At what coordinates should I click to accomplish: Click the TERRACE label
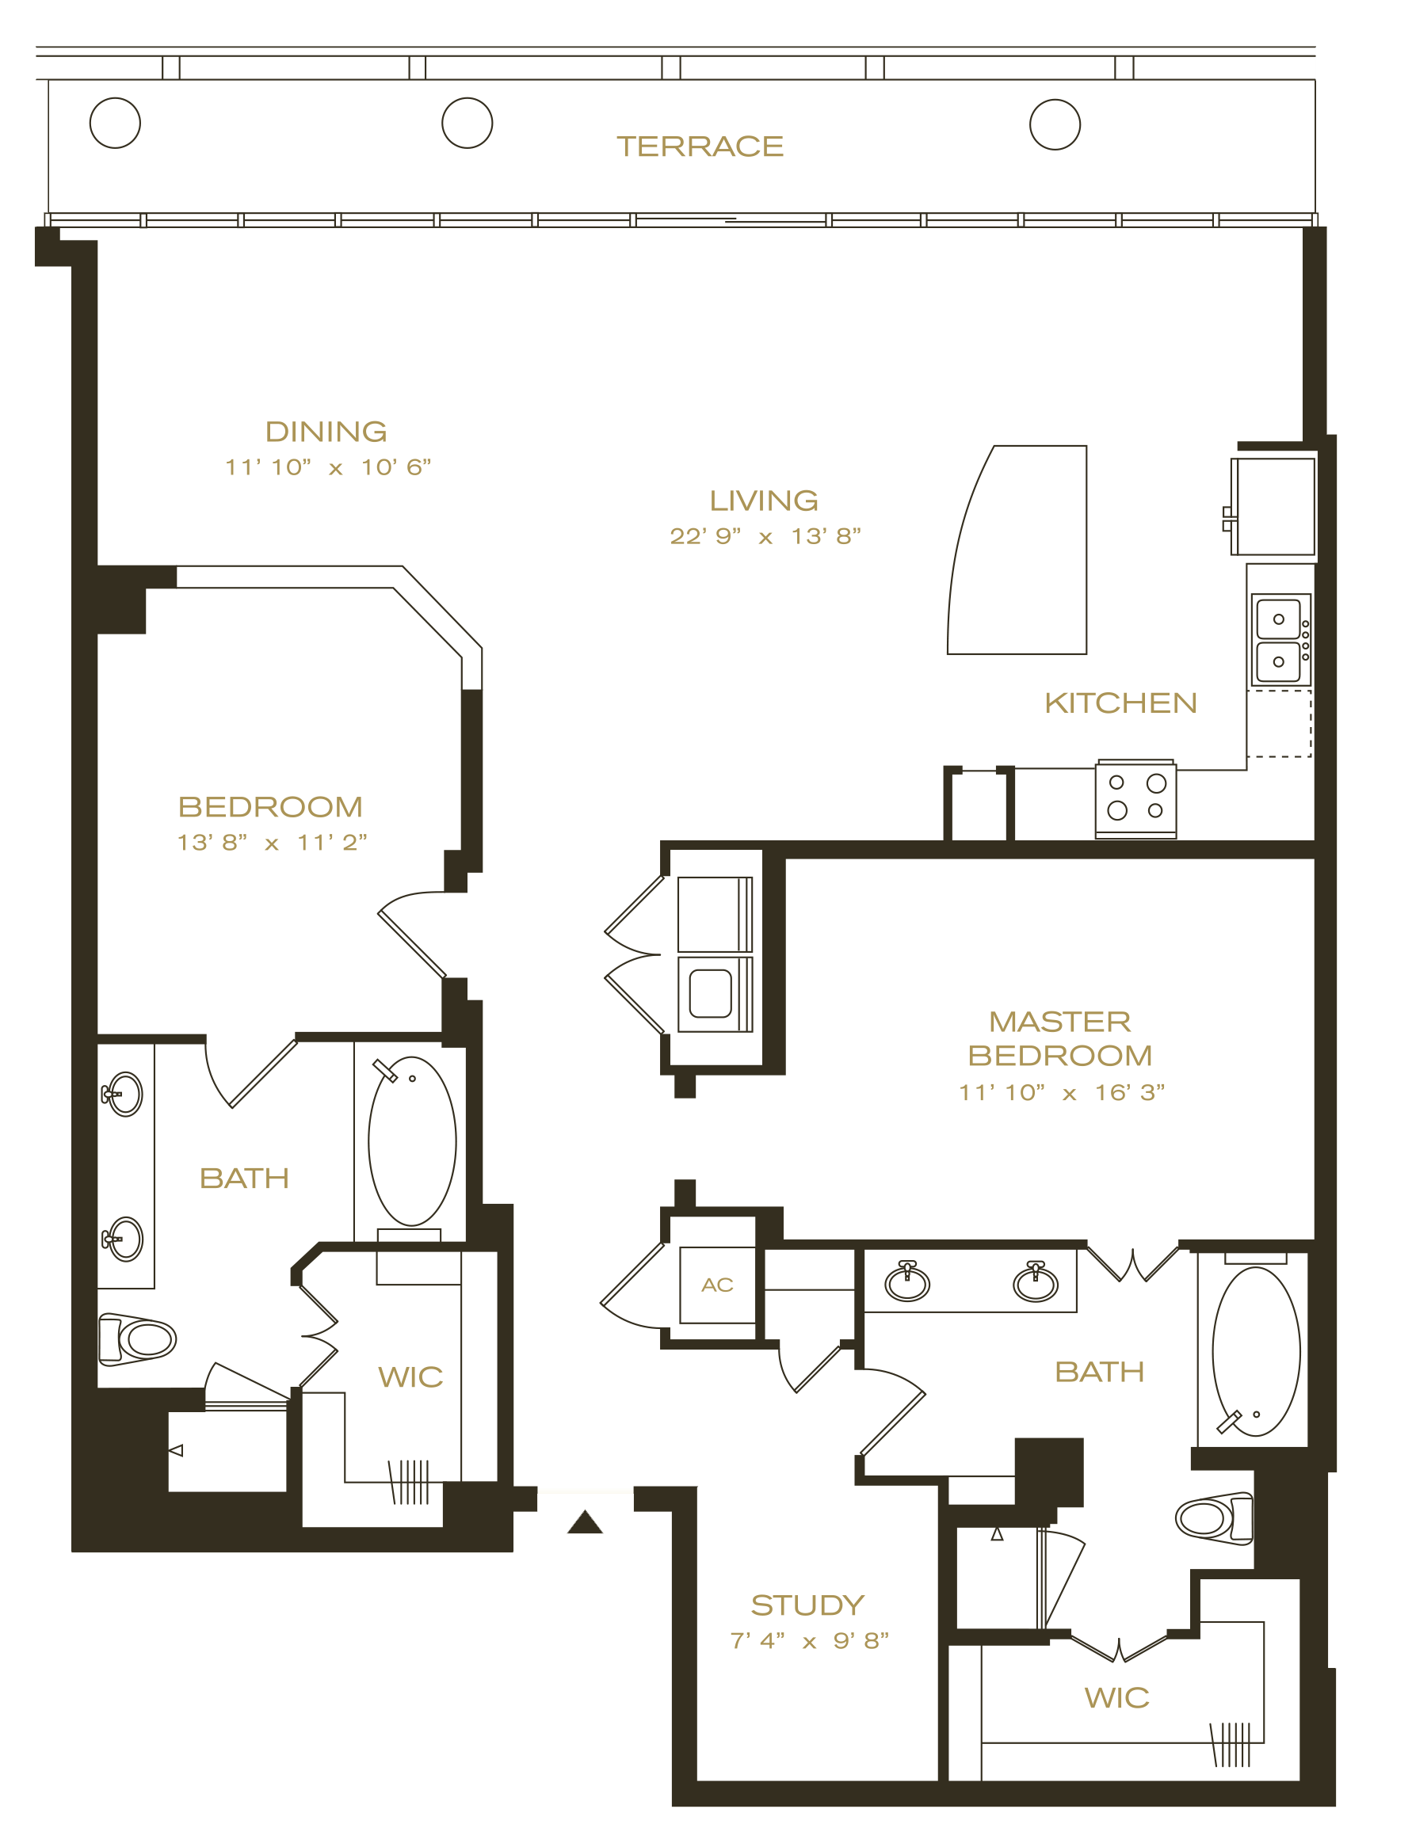(700, 147)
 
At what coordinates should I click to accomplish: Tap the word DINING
(326, 432)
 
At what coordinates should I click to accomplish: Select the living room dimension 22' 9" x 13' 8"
(765, 536)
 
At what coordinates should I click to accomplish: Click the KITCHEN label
(1120, 703)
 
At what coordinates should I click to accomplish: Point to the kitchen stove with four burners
(1135, 799)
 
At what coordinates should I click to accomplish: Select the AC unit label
(717, 1285)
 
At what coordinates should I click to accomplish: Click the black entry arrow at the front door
(585, 1522)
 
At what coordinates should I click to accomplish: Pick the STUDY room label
(807, 1605)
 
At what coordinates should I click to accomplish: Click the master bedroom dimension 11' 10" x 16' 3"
(1062, 1092)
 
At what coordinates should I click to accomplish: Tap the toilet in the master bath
(1214, 1519)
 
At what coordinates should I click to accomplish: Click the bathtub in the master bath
(1256, 1353)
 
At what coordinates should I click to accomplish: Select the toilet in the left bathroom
(137, 1339)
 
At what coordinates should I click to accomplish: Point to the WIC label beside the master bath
(1116, 1698)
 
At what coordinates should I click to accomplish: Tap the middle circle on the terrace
(467, 124)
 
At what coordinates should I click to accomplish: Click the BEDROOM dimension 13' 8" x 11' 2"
(272, 843)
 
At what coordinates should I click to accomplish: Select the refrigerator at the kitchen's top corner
(1273, 507)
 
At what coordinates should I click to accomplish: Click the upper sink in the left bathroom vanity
(124, 1094)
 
